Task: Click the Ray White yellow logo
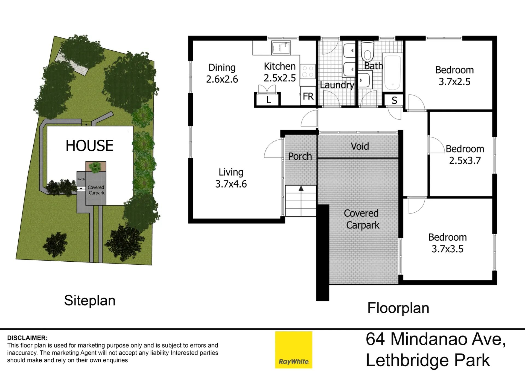[294, 350]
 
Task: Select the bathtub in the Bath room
[392, 72]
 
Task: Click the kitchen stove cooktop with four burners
[308, 71]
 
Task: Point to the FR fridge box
[308, 96]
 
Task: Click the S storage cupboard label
[394, 100]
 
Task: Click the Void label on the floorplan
[360, 146]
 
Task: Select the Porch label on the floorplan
[300, 156]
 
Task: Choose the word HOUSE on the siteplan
[89, 145]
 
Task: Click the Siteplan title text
[90, 301]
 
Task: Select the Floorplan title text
[398, 308]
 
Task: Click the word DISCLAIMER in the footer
[27, 338]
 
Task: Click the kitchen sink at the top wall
[281, 48]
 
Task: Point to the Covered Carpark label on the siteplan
[96, 190]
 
